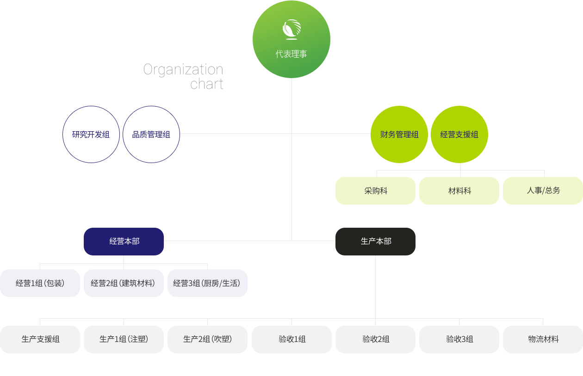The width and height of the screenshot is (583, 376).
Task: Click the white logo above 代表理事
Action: [291, 30]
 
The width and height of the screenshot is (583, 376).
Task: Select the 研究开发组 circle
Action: [91, 134]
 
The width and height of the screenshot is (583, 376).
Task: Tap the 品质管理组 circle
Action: [151, 134]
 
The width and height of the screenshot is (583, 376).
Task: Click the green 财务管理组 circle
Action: [399, 134]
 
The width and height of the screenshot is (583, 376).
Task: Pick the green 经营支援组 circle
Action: [459, 134]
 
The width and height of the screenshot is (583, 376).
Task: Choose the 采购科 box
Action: [375, 191]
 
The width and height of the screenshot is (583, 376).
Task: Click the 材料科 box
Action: [459, 191]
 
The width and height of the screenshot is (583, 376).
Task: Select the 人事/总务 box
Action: [543, 191]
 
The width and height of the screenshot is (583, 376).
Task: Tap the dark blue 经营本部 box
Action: [124, 242]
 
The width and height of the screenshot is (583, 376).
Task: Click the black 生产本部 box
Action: [375, 242]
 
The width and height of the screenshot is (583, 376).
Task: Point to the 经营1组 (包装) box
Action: [40, 283]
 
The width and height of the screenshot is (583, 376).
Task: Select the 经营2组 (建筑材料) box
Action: [124, 283]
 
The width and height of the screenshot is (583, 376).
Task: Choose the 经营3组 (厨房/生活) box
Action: [207, 283]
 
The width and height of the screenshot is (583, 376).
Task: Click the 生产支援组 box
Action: [40, 339]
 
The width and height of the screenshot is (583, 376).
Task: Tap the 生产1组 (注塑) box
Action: [124, 339]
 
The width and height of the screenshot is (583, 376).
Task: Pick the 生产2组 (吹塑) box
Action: [207, 339]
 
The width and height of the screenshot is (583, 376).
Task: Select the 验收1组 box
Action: [291, 339]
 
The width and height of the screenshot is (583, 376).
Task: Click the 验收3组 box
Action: [459, 339]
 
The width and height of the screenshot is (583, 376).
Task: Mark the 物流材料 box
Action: [543, 339]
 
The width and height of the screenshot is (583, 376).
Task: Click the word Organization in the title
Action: [183, 70]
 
